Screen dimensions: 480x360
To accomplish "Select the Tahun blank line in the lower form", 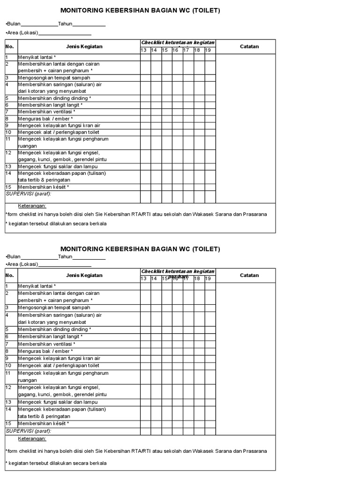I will pos(89,257).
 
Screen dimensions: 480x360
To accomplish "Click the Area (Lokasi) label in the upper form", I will pos(22,33).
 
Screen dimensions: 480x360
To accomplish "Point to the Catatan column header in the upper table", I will pos(249,46).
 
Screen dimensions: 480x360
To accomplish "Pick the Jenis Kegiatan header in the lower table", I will pos(84,275).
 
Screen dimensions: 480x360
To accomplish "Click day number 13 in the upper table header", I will pos(144,50).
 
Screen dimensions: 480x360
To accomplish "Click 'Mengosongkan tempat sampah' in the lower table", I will pos(54,307).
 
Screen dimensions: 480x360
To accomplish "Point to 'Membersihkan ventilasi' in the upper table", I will pos(46,112).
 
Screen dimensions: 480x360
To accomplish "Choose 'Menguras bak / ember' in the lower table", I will pos(45,351).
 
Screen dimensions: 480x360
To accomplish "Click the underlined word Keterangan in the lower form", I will pos(32,439).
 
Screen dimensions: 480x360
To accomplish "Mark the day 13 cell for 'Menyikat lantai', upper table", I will pos(145,57).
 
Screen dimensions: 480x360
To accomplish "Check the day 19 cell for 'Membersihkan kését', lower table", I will pos(210,423).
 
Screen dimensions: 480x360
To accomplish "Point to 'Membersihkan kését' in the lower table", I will pos(43,423).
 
